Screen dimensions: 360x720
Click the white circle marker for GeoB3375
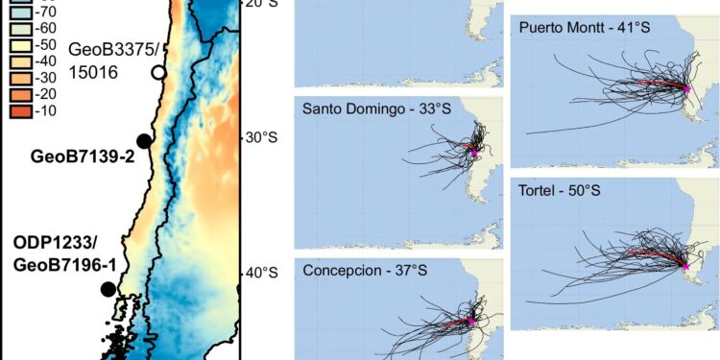[x=158, y=72]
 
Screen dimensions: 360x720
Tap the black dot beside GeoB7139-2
[x=144, y=141]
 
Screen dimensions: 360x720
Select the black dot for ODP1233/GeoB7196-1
[x=108, y=289]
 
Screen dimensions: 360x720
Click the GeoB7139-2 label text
[x=81, y=156]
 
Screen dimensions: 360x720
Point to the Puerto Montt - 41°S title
[x=585, y=27]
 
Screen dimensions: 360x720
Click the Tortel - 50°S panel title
[x=560, y=190]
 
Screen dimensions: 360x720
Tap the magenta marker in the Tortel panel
[x=685, y=265]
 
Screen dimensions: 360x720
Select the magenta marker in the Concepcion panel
[x=471, y=321]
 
